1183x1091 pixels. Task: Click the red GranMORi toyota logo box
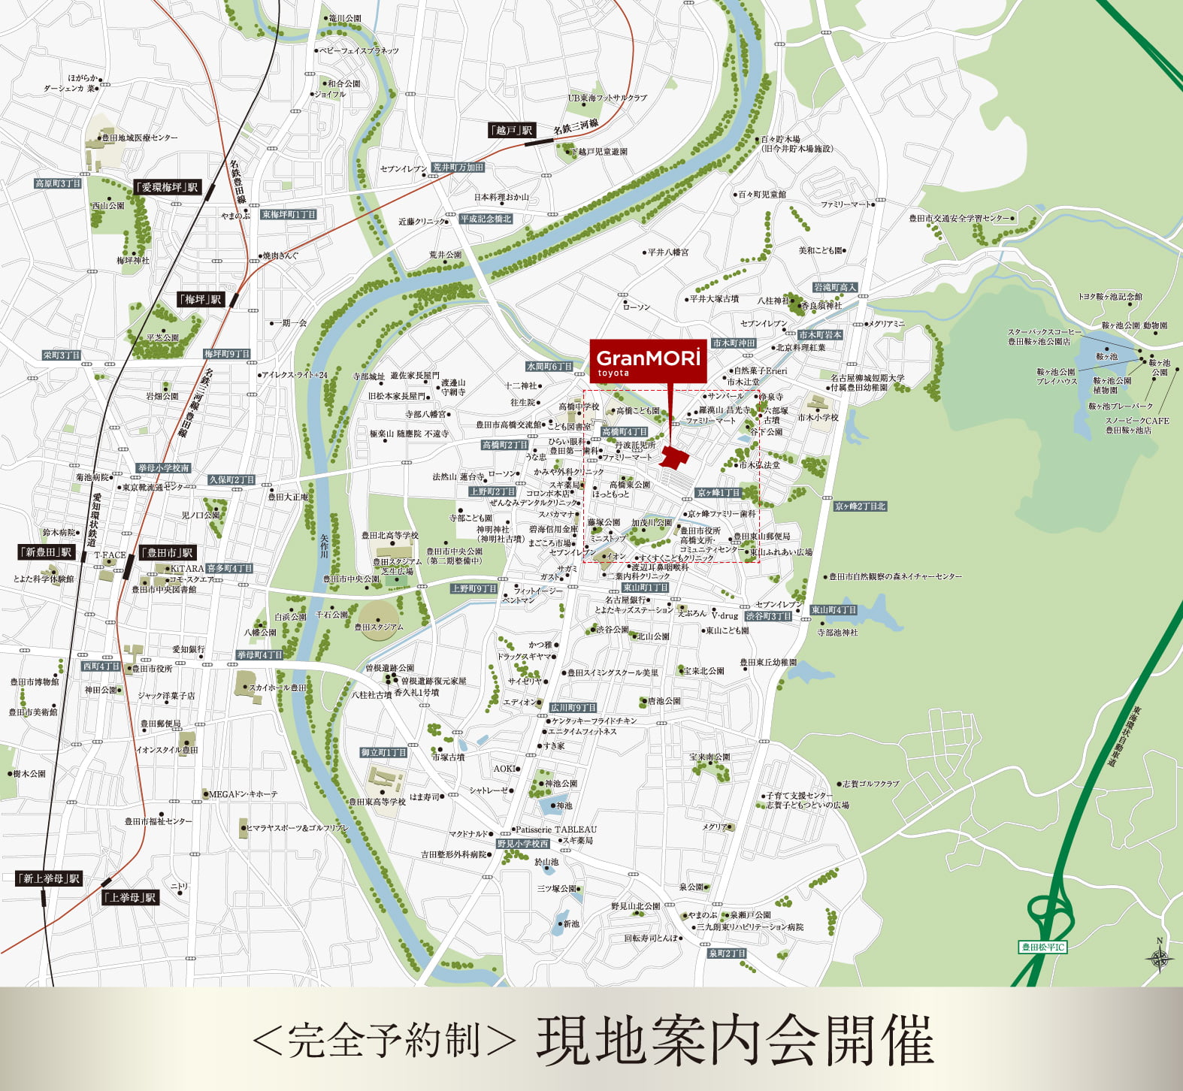click(648, 361)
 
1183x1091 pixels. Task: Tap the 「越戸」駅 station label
click(512, 130)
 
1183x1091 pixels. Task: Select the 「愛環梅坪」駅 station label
click(167, 187)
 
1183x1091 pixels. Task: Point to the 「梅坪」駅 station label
click(201, 299)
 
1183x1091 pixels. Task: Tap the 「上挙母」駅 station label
click(131, 897)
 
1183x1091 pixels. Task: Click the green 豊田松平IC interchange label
click(1043, 947)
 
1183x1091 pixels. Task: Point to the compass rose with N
click(1160, 958)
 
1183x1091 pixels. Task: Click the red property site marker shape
click(674, 458)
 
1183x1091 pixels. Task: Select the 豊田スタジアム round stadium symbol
click(380, 621)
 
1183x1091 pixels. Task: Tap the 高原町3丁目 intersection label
click(58, 183)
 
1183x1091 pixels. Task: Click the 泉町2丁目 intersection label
click(727, 953)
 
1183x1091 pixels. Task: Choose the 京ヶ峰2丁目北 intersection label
click(860, 506)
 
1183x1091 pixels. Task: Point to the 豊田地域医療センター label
click(140, 138)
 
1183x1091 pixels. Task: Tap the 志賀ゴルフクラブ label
click(870, 784)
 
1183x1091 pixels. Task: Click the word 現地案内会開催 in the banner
click(734, 1041)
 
